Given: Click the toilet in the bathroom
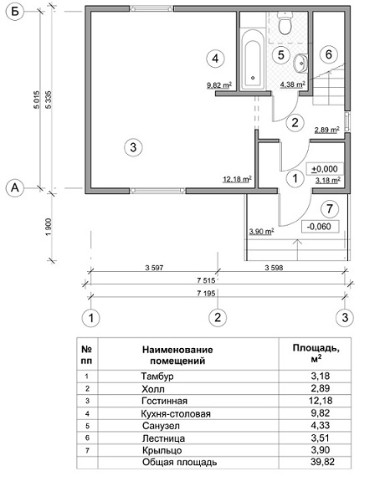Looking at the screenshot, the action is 285,23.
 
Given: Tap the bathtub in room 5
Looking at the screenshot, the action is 253,60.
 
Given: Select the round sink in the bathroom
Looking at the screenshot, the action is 301,63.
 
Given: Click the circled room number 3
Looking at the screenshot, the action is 133,147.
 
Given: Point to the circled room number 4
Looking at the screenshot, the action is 215,59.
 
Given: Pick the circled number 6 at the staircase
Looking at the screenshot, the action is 329,54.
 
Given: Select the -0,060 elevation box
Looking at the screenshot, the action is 319,227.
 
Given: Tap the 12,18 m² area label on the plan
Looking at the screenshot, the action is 237,179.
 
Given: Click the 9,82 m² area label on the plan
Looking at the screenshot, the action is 219,85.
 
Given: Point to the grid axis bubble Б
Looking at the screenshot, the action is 15,13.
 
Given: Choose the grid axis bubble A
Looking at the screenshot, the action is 15,188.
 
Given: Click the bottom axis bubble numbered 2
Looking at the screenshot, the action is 218,318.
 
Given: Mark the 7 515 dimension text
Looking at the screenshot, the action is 206,281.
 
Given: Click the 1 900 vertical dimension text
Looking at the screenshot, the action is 49,227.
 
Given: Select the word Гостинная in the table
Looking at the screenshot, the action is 165,401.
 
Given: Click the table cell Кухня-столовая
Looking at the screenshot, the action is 176,413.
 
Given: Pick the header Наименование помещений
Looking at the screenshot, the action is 177,355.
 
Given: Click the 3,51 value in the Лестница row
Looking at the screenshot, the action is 321,438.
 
